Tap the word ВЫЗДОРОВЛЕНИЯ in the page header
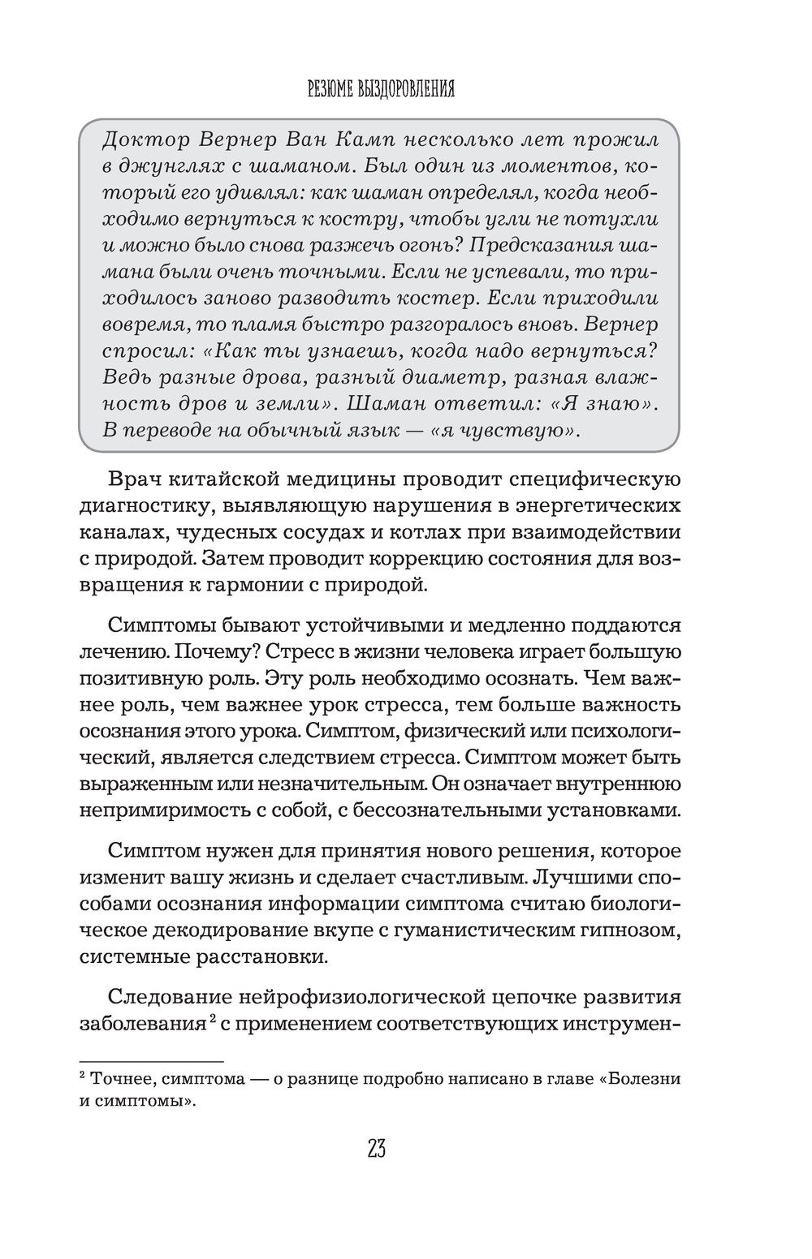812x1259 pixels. pyautogui.click(x=404, y=88)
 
